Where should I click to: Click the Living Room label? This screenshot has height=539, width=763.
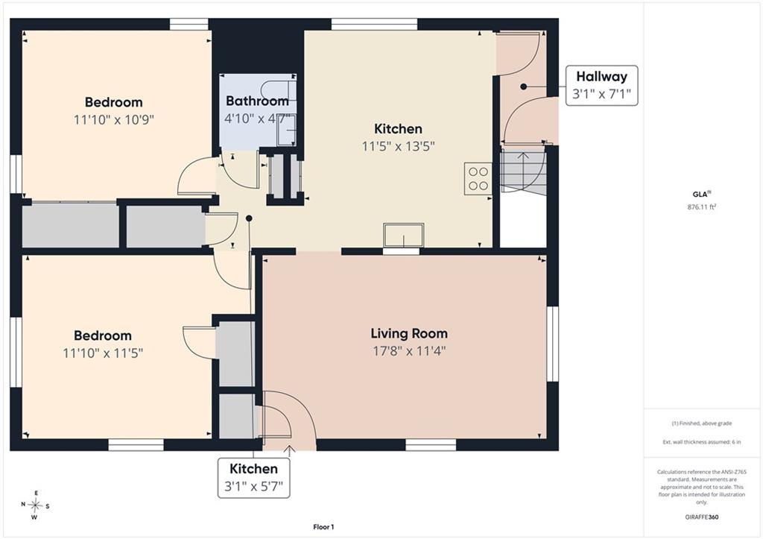point(409,333)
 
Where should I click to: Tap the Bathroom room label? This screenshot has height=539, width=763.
point(257,101)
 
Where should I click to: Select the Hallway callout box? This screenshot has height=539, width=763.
point(602,86)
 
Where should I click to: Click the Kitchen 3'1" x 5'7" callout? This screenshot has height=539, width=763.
point(253,478)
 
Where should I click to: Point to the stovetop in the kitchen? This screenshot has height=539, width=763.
point(478,178)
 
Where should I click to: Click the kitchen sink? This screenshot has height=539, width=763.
point(403,235)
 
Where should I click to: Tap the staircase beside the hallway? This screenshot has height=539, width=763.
point(523,173)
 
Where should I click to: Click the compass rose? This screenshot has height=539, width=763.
point(35,505)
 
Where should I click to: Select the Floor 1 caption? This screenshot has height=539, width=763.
point(323,527)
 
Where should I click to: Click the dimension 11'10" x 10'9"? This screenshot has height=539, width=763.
point(114,120)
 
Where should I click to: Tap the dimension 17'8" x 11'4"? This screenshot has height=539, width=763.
point(409,351)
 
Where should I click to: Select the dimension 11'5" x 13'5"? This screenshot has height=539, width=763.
point(398,146)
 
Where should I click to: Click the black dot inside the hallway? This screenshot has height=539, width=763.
point(524,86)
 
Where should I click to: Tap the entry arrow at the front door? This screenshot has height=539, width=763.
point(290,451)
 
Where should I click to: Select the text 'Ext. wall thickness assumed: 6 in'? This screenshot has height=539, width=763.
point(702,442)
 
